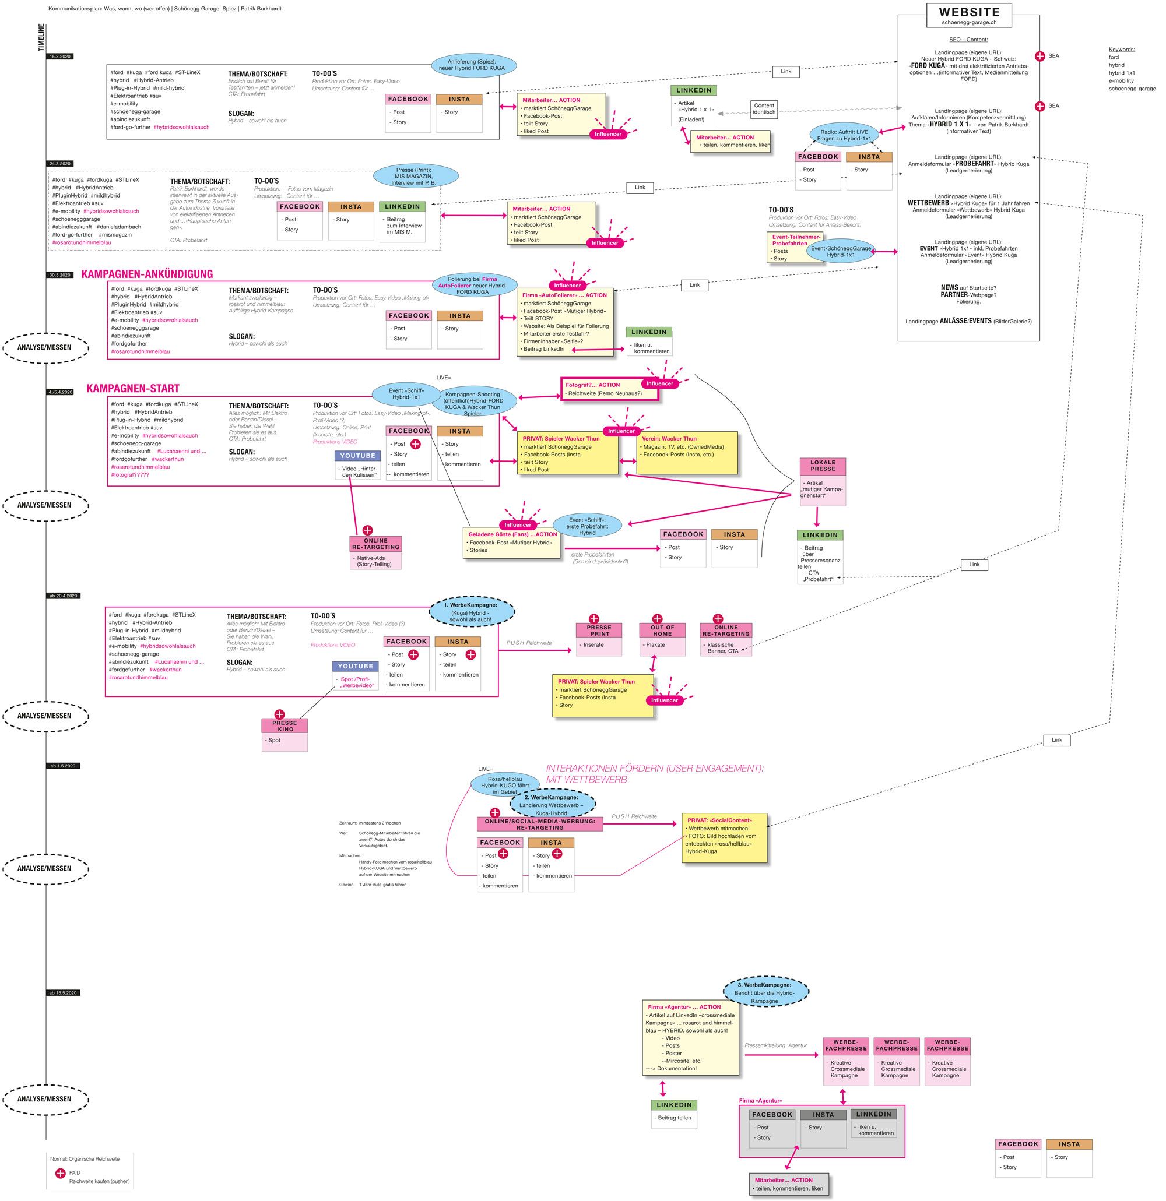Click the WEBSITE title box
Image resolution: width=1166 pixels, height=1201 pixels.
tap(969, 15)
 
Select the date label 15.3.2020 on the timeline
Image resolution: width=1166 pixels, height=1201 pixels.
tap(60, 57)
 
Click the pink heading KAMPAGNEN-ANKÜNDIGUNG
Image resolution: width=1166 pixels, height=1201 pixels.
tap(147, 274)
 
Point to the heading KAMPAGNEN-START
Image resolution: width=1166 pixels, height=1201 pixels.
tap(133, 389)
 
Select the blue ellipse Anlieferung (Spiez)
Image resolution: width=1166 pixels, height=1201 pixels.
tap(474, 65)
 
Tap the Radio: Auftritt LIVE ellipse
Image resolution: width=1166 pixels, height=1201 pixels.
tap(844, 135)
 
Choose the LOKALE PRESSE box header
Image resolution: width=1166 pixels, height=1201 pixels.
tap(822, 466)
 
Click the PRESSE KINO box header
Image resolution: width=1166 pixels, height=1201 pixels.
tap(285, 726)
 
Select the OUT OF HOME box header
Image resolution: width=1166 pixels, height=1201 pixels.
tap(662, 631)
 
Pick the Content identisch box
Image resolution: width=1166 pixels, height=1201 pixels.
tap(764, 109)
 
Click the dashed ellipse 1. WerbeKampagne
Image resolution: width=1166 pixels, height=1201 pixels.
tap(470, 611)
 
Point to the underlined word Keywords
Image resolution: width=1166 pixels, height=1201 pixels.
tap(1121, 50)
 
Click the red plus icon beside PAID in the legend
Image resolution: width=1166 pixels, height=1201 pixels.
tap(60, 1173)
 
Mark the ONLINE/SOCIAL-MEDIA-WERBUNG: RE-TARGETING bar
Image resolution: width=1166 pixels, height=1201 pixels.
tap(539, 824)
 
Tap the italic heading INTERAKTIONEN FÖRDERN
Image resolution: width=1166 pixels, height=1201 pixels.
tap(654, 774)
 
